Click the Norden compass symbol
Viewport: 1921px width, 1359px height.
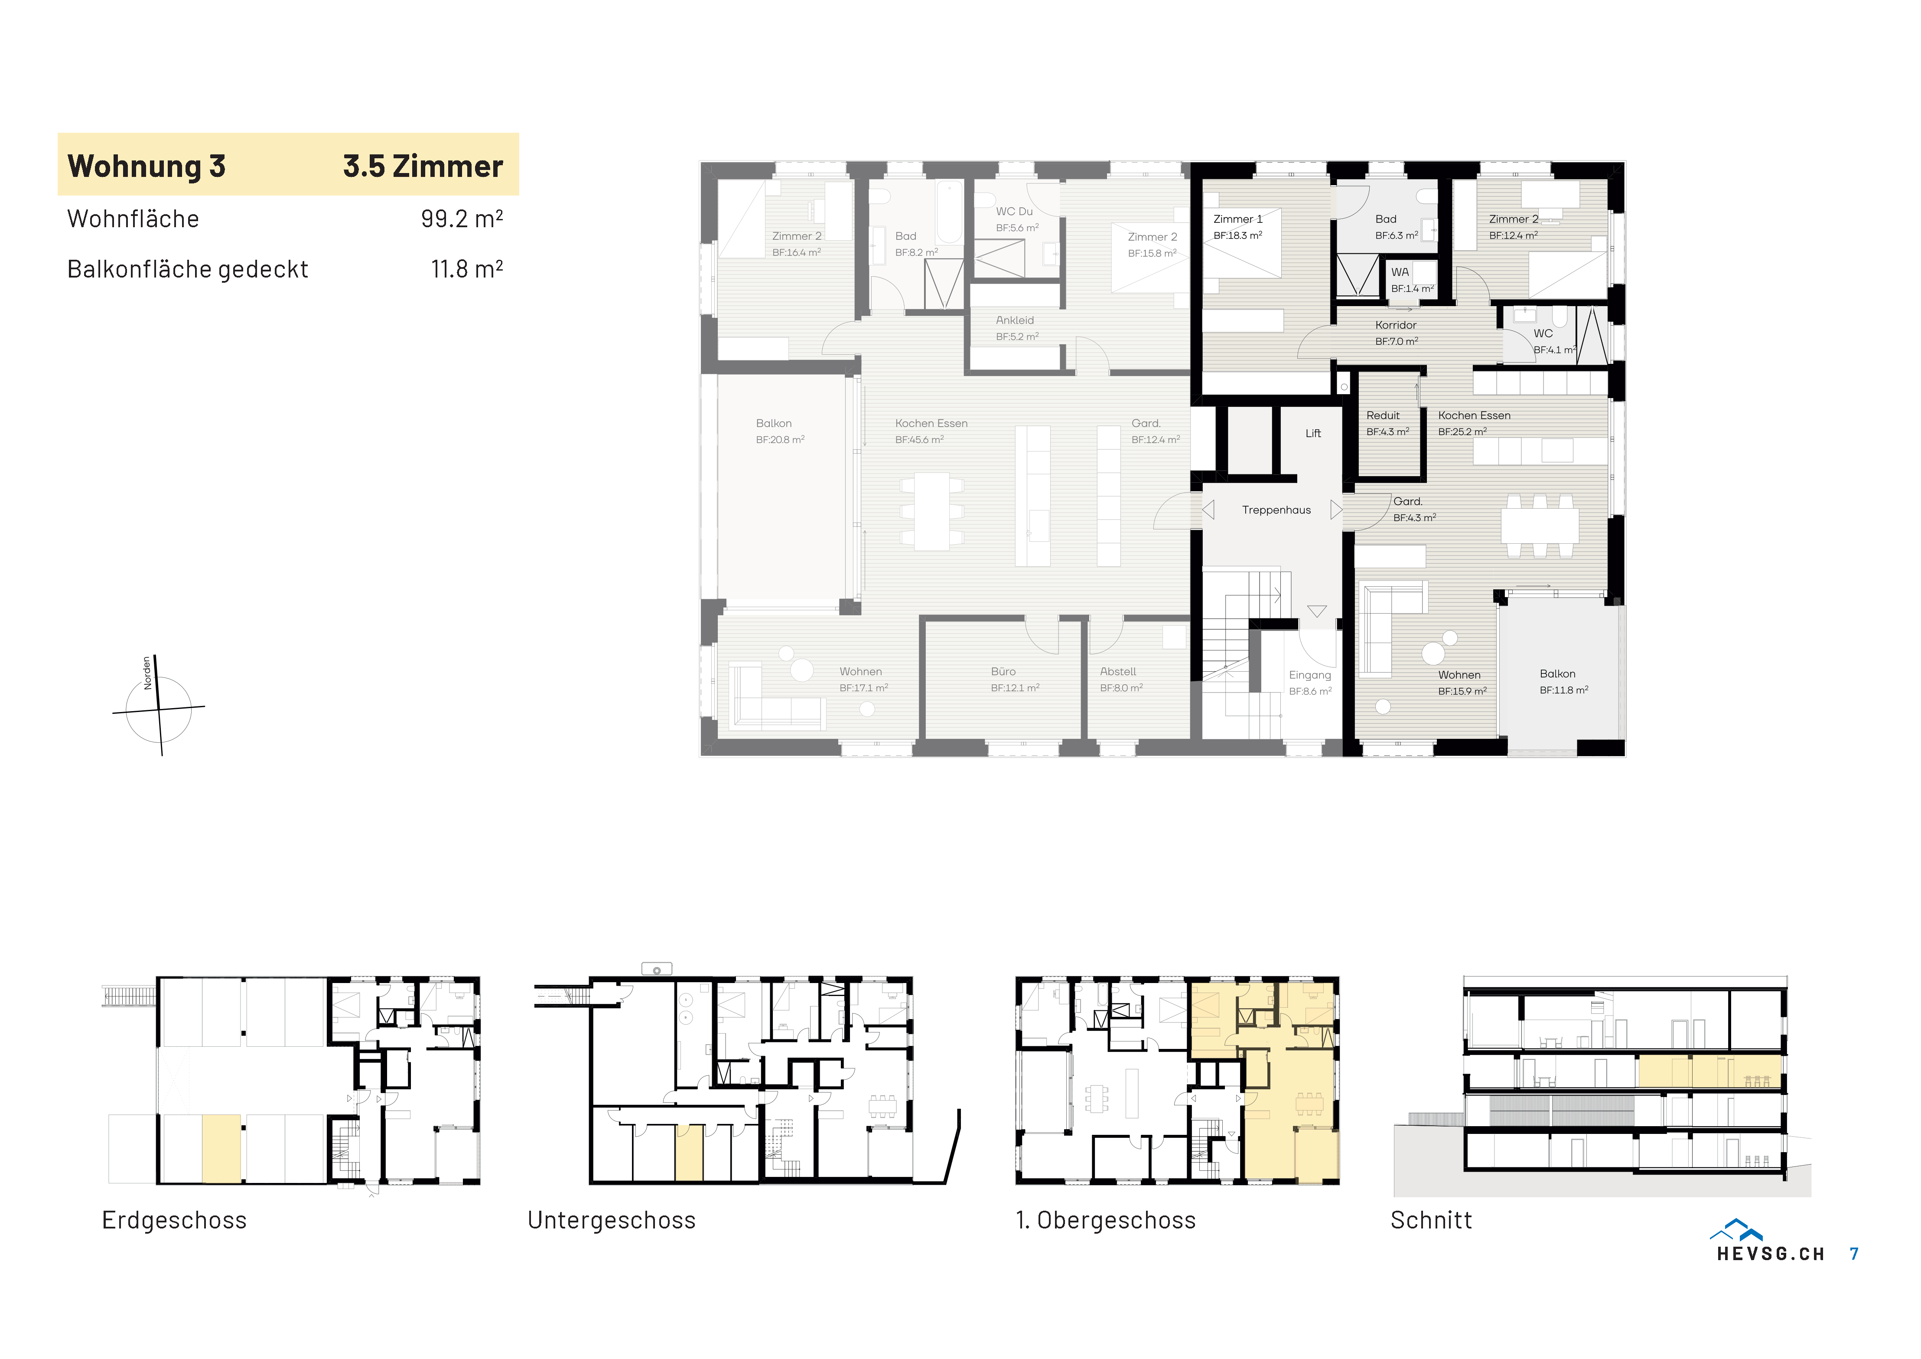[158, 707]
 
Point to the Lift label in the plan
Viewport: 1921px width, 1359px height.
[1313, 434]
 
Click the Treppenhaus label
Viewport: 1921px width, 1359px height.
[1276, 510]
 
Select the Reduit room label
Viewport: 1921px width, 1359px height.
[1382, 415]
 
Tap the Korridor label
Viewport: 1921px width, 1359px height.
[1396, 325]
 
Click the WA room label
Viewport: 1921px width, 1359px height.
[1400, 272]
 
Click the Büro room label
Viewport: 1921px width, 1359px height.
[1003, 671]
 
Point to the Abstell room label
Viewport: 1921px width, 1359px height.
[1118, 671]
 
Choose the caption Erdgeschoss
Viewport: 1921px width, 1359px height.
[174, 1220]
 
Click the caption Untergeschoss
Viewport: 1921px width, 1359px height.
[612, 1220]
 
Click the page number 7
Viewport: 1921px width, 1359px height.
[1854, 1254]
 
